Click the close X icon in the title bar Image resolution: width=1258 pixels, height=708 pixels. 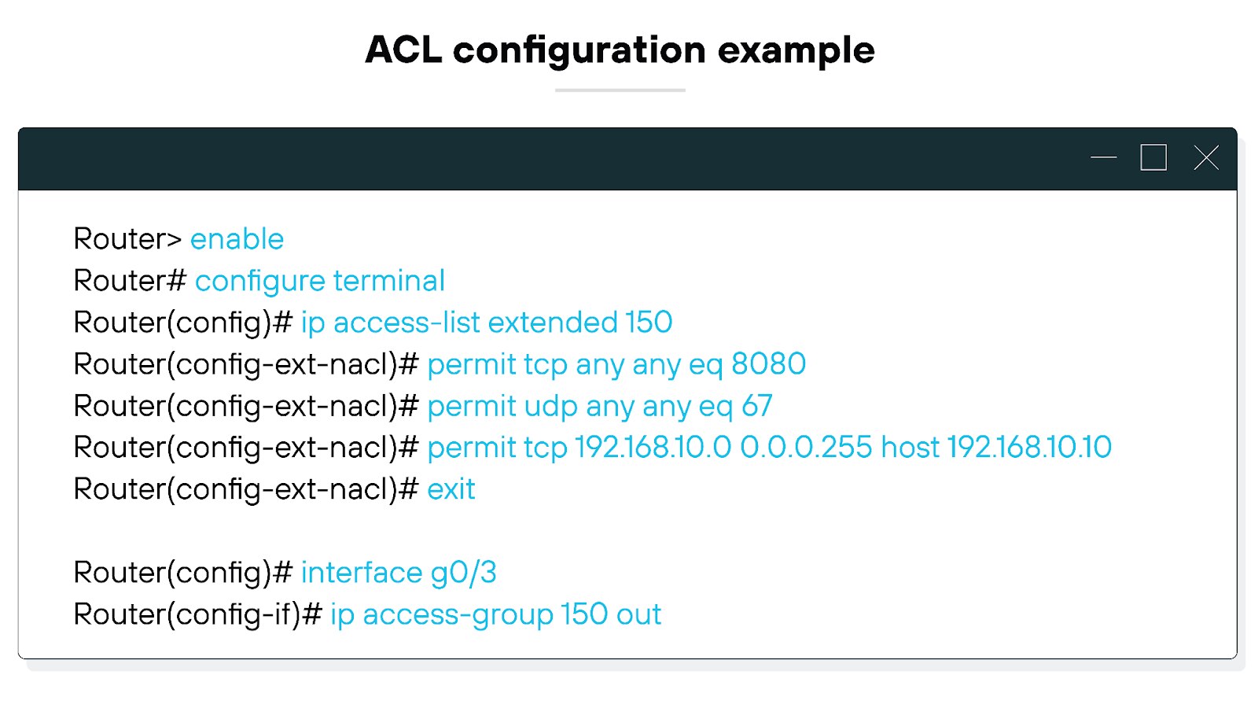pyautogui.click(x=1205, y=158)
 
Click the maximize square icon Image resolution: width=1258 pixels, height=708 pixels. pyautogui.click(x=1153, y=157)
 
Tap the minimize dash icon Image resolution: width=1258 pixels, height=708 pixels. pyautogui.click(x=1103, y=157)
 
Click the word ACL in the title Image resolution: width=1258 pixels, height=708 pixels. pyautogui.click(x=403, y=50)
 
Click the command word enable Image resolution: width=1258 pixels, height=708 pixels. pyautogui.click(x=237, y=239)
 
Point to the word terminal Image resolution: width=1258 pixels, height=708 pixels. pyautogui.click(x=388, y=281)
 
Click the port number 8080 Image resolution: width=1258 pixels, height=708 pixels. pyautogui.click(x=768, y=364)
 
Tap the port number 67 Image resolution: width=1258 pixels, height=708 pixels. pyautogui.click(x=756, y=406)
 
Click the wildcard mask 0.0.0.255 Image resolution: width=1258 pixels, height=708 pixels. pyautogui.click(x=806, y=448)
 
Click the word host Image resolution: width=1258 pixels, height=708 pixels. pyautogui.click(x=910, y=448)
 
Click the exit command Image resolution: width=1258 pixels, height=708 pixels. pyautogui.click(x=451, y=489)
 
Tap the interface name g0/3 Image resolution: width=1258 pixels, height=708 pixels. pyautogui.click(x=463, y=573)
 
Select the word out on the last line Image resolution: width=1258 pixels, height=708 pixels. pyautogui.click(x=638, y=614)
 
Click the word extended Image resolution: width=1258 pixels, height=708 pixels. pyautogui.click(x=552, y=323)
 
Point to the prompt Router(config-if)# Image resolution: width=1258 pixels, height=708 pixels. pyautogui.click(x=197, y=614)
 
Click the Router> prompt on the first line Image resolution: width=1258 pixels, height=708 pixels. pyautogui.click(x=127, y=239)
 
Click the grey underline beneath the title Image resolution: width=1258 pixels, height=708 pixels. pyautogui.click(x=620, y=90)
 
